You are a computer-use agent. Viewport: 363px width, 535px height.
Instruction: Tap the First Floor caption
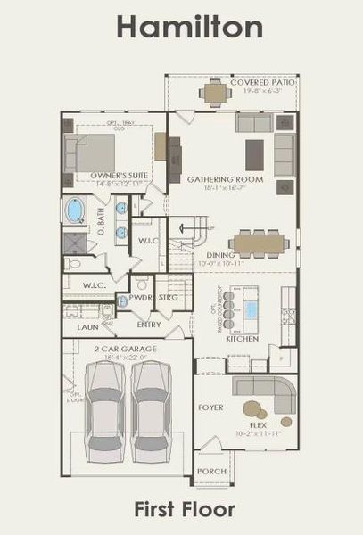(185, 510)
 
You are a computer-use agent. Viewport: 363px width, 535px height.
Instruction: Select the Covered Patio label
(262, 83)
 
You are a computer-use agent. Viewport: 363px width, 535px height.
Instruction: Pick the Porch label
(210, 470)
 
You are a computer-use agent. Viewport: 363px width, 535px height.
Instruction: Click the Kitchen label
(242, 339)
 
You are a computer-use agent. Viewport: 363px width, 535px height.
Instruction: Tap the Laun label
(87, 327)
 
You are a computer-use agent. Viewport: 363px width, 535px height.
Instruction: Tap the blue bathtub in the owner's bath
(75, 212)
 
